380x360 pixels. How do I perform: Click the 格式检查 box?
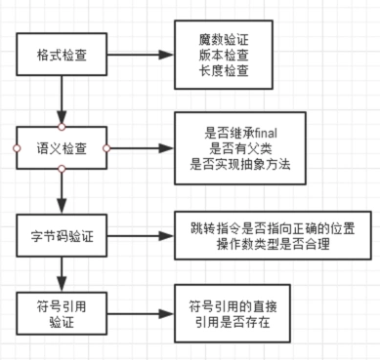[61, 55]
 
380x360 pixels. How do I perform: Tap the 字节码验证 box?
[61, 235]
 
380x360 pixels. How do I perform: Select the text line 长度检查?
[224, 70]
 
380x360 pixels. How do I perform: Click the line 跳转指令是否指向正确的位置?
[267, 227]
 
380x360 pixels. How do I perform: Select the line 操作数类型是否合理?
[267, 245]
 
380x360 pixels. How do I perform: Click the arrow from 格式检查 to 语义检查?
[61, 103]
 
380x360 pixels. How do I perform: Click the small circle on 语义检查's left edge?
[16, 148]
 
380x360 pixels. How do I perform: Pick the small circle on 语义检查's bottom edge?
[61, 170]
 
